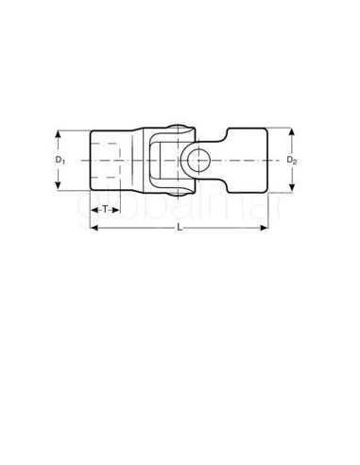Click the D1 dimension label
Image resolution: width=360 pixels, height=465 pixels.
(60, 161)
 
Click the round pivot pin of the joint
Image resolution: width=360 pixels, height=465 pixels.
(201, 160)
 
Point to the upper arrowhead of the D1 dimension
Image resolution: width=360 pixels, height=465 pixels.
(60, 133)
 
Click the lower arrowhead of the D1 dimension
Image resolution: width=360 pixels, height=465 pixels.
(60, 188)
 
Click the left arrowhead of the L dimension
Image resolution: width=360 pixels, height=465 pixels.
(94, 229)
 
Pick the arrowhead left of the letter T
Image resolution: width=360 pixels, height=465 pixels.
(95, 208)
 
